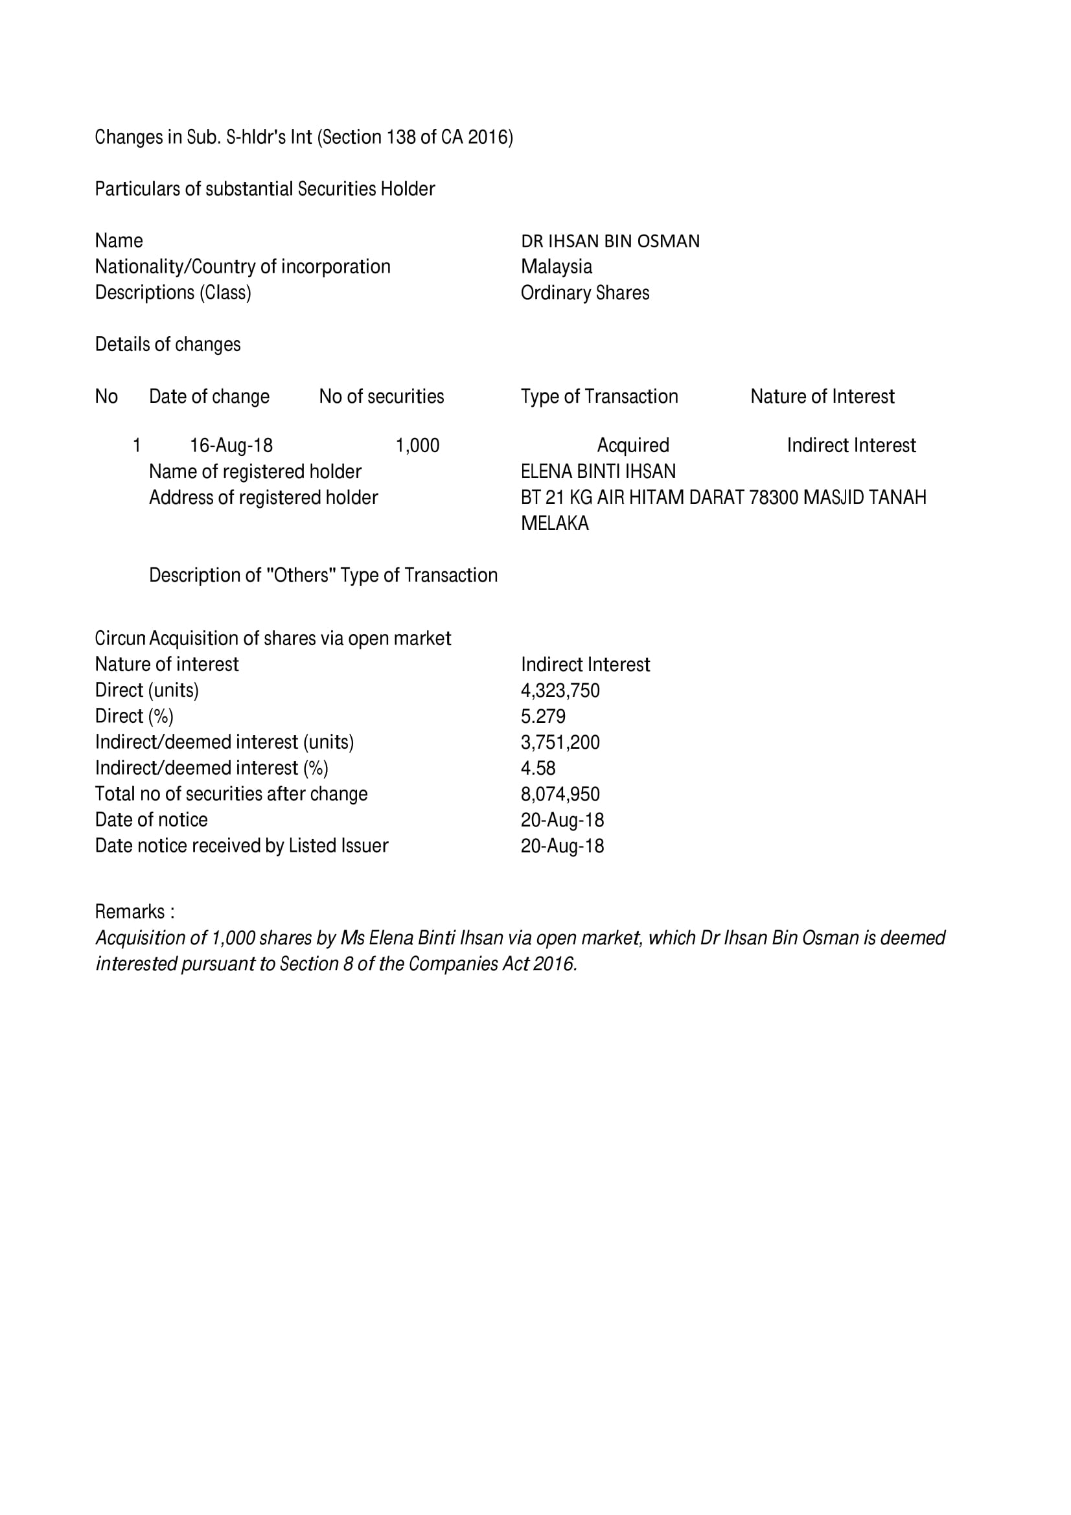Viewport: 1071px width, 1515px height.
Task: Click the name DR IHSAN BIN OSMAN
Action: coord(610,242)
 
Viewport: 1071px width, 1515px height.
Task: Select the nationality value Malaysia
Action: coord(557,267)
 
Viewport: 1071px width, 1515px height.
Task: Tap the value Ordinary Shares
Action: coord(584,293)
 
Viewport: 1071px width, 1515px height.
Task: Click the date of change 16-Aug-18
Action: coord(231,446)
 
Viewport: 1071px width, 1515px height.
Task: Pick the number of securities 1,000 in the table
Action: coord(417,446)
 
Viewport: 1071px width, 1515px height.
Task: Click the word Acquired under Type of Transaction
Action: coord(633,446)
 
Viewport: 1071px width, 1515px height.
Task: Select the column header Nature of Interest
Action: coord(822,396)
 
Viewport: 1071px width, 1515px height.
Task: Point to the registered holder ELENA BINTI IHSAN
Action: coord(598,472)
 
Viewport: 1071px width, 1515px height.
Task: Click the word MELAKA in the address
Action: coord(555,523)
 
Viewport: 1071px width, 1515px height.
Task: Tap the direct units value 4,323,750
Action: coord(560,691)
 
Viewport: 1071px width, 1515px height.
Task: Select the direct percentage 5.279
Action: coord(543,716)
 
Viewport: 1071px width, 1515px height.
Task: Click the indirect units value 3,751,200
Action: coord(560,742)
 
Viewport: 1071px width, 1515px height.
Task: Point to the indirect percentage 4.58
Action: coord(538,768)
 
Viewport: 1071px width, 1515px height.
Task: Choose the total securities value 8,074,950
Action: coord(560,794)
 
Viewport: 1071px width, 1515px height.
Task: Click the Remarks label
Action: coord(135,912)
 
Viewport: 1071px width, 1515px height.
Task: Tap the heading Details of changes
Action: coord(168,345)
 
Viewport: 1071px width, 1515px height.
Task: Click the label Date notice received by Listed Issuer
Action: coord(242,846)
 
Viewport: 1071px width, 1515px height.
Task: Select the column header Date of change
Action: coord(209,396)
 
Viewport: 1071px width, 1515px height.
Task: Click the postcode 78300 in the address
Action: coord(774,497)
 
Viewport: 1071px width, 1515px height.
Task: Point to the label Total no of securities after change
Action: coord(231,794)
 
